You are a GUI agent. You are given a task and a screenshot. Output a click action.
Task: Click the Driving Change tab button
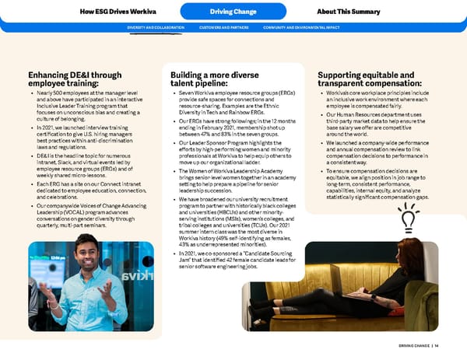coord(233,12)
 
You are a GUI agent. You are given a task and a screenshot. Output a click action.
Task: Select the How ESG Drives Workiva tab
coord(112,12)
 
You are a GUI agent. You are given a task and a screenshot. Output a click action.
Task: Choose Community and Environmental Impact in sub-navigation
coord(302,28)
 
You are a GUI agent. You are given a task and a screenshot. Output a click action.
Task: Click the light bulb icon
coord(406,219)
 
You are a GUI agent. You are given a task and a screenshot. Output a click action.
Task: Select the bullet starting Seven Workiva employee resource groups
coord(222,104)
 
